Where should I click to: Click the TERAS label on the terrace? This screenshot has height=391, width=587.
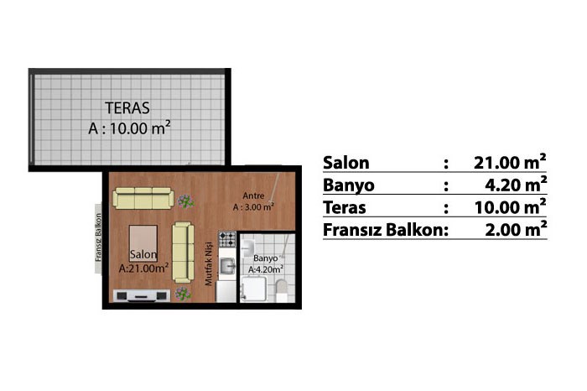tap(127, 108)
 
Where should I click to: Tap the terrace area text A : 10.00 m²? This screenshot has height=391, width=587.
tap(129, 128)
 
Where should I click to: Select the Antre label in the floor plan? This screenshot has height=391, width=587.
tap(253, 195)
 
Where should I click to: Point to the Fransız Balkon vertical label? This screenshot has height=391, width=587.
tap(98, 237)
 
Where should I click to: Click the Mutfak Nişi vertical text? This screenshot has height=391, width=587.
tap(209, 263)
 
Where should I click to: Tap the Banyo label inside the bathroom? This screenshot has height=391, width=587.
tap(266, 258)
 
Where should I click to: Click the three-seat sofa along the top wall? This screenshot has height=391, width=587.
tap(143, 198)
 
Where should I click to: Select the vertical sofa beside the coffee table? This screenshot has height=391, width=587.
tap(183, 252)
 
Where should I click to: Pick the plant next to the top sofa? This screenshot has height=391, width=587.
tap(185, 201)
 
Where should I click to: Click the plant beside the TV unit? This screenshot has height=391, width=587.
tap(183, 294)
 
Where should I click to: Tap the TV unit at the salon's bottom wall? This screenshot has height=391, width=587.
tap(141, 295)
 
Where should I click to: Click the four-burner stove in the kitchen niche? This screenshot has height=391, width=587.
tap(227, 239)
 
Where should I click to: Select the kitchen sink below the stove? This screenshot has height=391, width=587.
tap(227, 266)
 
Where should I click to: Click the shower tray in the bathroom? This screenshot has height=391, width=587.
tap(253, 289)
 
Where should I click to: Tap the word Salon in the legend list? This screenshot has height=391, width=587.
tap(345, 163)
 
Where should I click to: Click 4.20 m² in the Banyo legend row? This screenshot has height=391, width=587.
tap(516, 184)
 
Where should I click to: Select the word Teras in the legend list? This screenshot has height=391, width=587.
tap(345, 207)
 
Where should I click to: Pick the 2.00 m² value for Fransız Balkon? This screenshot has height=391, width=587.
tap(516, 229)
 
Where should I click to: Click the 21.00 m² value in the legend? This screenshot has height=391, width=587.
tap(510, 162)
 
